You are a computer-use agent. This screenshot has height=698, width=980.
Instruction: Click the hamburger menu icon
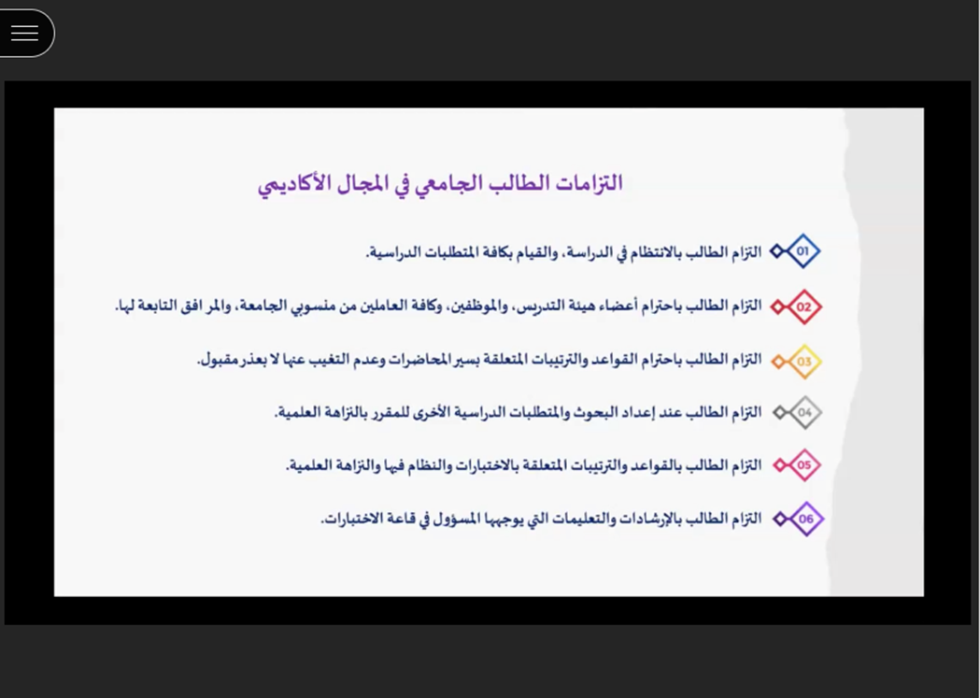tap(25, 33)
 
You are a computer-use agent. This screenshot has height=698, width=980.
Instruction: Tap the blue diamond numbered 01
tap(802, 251)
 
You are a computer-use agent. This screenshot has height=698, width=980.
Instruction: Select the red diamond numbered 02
tap(803, 306)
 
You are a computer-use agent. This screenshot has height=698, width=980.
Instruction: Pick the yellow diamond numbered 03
tap(803, 362)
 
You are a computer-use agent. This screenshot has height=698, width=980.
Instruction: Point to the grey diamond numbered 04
tap(804, 412)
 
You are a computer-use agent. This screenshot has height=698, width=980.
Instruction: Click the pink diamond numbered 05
tap(803, 465)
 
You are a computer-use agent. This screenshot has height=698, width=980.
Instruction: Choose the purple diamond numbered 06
tap(806, 519)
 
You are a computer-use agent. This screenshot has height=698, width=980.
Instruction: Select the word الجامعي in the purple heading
tap(435, 184)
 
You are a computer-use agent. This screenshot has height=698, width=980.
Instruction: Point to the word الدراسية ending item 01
tap(391, 253)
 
